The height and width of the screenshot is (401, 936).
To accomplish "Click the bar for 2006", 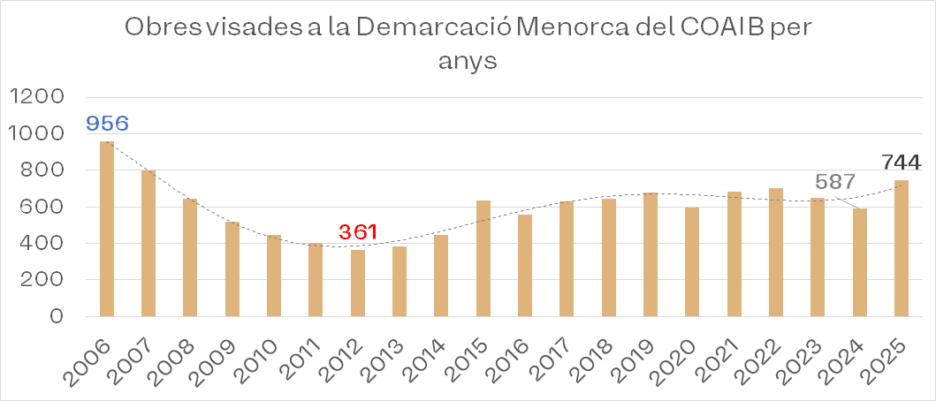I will click(106, 229).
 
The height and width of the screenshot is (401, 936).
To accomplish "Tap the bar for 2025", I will click(902, 248).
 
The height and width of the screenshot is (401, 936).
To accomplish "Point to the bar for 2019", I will click(651, 254).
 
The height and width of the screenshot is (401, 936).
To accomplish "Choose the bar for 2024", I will click(860, 262).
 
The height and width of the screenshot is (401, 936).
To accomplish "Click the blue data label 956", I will click(107, 123).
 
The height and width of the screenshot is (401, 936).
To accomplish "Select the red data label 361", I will click(358, 232).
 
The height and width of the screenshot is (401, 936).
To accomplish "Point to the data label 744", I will click(901, 163).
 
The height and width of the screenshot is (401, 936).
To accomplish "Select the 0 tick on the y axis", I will click(57, 316).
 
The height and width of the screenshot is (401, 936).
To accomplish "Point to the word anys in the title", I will click(468, 62).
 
